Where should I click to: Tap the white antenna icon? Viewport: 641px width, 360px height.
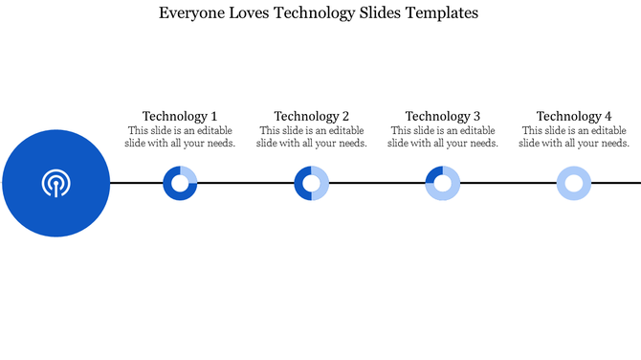[55, 182]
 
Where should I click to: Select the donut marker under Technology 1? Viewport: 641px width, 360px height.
[180, 183]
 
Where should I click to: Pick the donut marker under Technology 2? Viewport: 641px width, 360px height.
[311, 183]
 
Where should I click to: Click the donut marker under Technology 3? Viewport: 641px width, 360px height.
[442, 183]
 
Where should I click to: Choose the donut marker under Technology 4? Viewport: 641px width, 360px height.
[573, 183]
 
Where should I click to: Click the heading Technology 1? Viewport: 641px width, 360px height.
[180, 117]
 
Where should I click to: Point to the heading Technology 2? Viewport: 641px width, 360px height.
[311, 117]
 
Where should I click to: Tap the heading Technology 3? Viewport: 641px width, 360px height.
[442, 117]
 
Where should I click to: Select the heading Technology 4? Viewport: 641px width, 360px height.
[573, 117]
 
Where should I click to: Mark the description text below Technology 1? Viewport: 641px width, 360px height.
[180, 137]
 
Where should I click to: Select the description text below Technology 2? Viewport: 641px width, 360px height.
[311, 137]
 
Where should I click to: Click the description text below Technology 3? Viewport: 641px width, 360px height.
[442, 137]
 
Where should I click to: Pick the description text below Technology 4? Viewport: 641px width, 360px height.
[573, 137]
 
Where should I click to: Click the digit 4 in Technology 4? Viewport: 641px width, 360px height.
[608, 117]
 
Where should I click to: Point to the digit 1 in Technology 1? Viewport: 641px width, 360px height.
[213, 117]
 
